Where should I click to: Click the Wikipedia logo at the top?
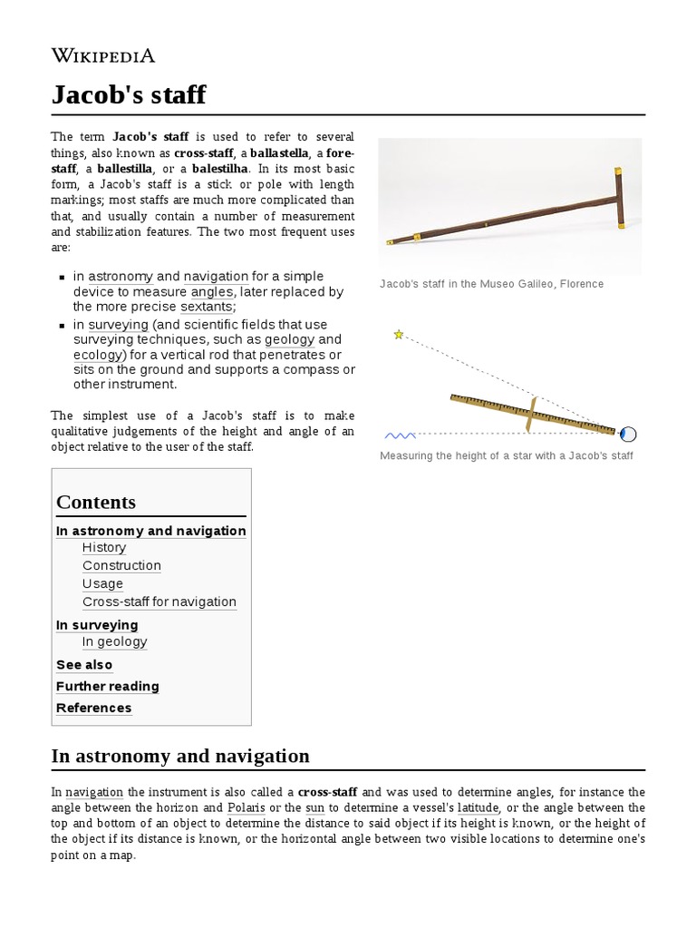point(102,56)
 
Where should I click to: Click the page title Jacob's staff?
point(129,94)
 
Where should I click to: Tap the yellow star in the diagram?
point(398,335)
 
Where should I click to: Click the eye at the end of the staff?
point(628,433)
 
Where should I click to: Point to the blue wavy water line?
point(400,435)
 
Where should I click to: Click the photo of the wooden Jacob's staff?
point(509,207)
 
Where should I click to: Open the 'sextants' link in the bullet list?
point(207,307)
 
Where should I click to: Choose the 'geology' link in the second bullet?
point(289,339)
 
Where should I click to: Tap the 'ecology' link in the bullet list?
point(98,355)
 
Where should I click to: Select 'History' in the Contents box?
point(104,547)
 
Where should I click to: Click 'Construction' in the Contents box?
point(121,565)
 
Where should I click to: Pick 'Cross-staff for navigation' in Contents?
point(159,601)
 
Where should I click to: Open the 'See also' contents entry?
point(84,665)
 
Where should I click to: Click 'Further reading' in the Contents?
point(107,687)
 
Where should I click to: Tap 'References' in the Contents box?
point(93,709)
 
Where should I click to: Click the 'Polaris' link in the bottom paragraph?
point(246,807)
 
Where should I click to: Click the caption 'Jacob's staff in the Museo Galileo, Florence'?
point(491,284)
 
